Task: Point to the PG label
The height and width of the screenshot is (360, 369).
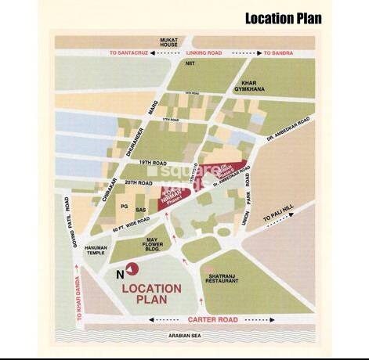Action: tap(123, 206)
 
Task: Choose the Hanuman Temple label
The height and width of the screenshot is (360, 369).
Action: tap(96, 250)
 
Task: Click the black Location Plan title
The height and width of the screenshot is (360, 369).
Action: tap(283, 18)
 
